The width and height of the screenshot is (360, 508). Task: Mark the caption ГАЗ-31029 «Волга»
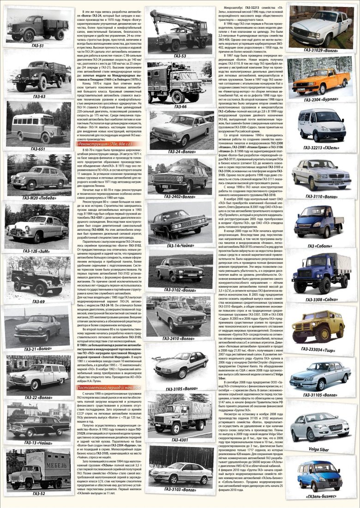pyautogui.click(x=323, y=49)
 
